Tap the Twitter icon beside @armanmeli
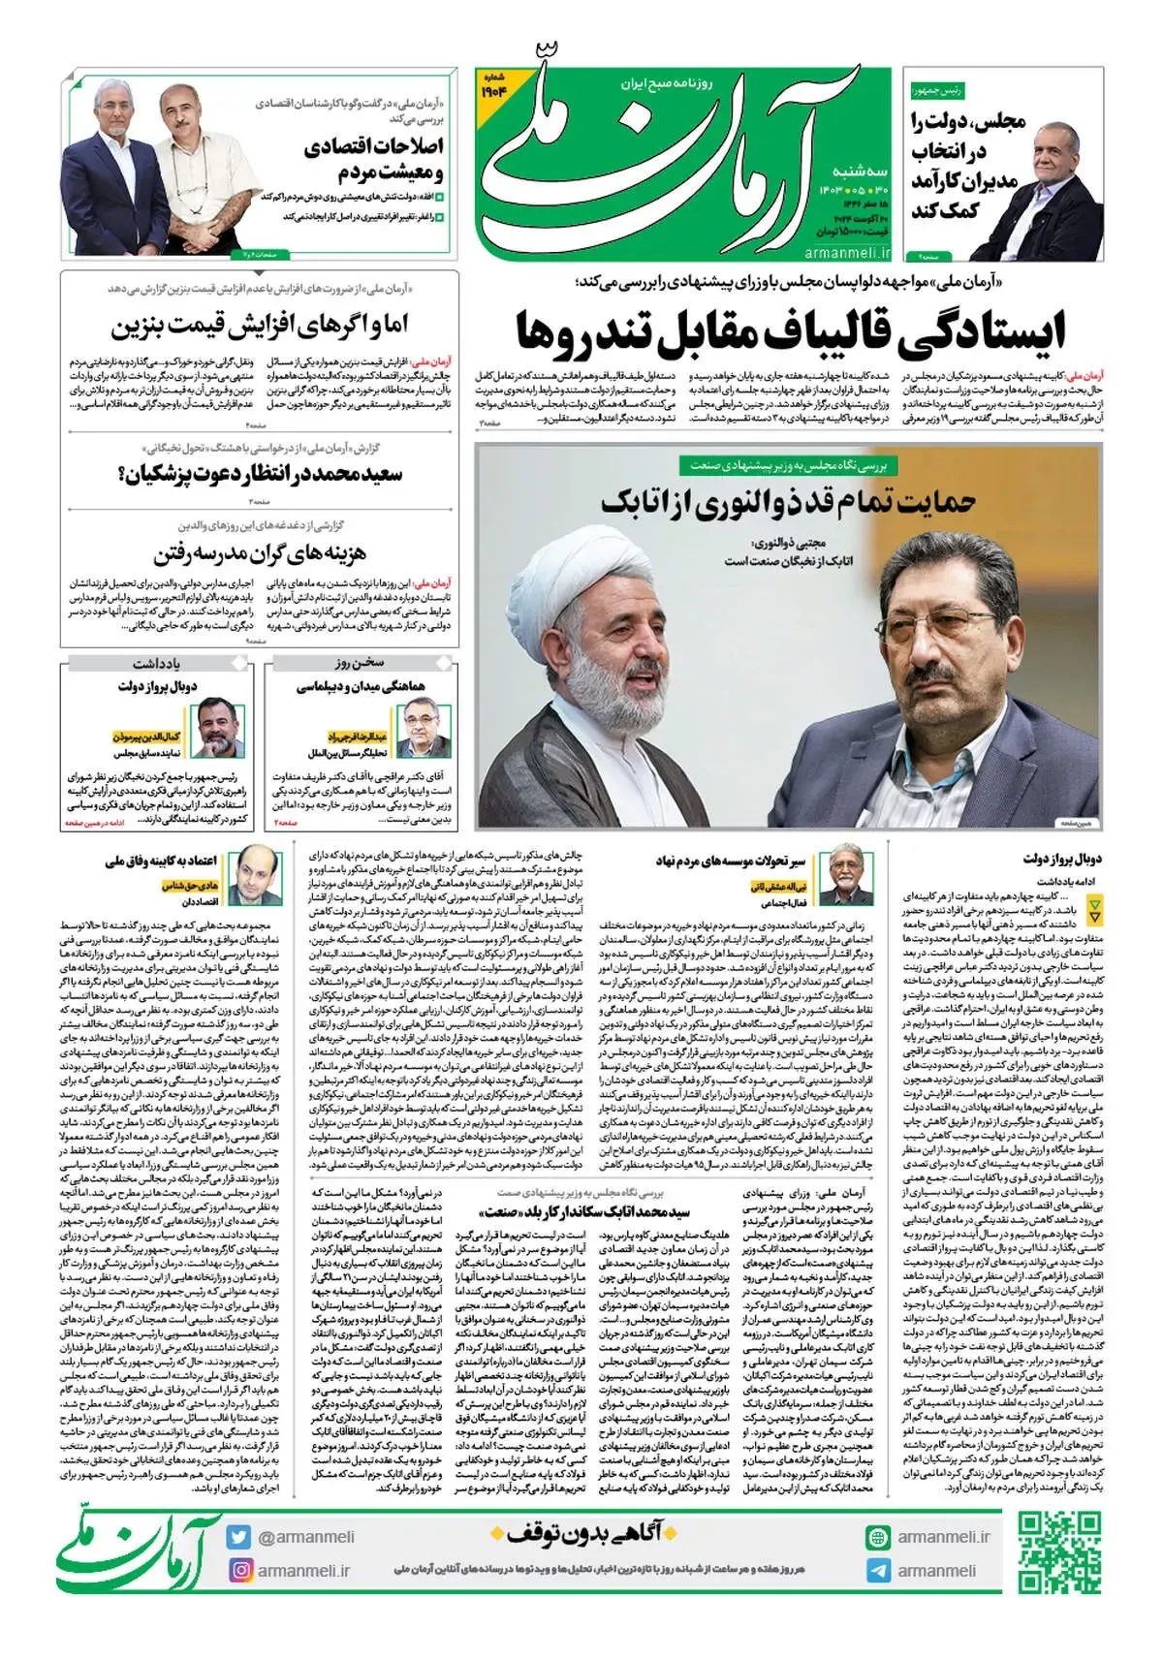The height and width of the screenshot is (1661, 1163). (238, 1537)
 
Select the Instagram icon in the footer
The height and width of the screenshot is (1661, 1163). (238, 1570)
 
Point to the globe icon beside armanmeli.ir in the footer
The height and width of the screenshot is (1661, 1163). (878, 1537)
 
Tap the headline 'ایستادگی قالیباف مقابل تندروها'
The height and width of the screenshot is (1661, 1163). (790, 331)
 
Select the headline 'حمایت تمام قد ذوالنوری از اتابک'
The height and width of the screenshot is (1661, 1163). (788, 502)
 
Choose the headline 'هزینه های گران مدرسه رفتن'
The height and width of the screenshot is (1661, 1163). (260, 555)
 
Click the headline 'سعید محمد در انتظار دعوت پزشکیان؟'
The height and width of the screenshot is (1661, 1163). (260, 474)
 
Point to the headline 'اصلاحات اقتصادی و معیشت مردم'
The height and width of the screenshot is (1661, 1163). (373, 160)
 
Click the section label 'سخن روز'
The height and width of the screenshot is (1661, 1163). (361, 664)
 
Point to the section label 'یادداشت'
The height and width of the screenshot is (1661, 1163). (156, 664)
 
